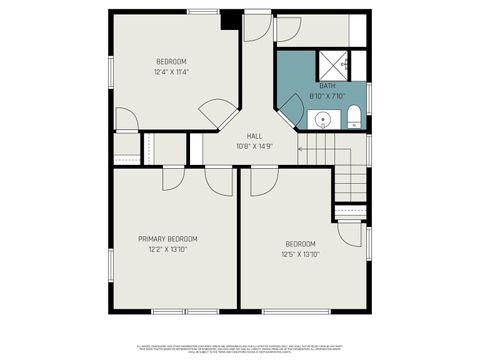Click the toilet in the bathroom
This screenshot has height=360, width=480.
coord(354,121)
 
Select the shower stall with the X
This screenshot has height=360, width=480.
coord(331,65)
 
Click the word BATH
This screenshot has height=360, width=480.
coord(327,86)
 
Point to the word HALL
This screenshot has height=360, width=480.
coord(254,137)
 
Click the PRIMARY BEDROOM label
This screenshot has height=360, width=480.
coord(168,239)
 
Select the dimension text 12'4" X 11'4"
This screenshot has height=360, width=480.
coord(172,72)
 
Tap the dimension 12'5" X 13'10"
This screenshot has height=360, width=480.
coord(300,254)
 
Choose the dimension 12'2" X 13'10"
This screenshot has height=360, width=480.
coord(168,249)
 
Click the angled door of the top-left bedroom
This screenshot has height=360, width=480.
coord(217,113)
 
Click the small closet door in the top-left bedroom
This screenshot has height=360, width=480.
coord(126,120)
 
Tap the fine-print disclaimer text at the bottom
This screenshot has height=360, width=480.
coord(239,348)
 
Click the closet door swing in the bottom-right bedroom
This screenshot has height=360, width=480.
coord(349,232)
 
